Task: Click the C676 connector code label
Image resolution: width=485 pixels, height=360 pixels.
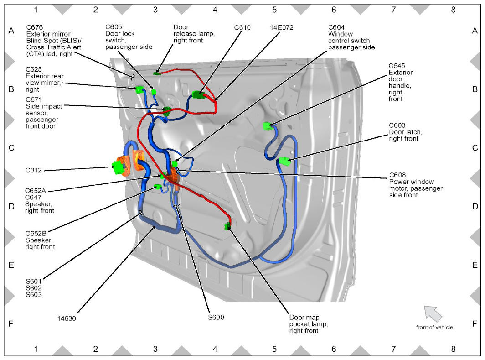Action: point(35,27)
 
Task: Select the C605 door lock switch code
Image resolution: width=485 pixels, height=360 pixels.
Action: point(114,27)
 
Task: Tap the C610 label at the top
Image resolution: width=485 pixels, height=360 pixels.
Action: point(242,27)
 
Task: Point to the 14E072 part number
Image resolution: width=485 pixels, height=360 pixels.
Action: point(282,27)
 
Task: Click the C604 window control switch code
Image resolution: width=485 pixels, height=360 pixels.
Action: point(336,27)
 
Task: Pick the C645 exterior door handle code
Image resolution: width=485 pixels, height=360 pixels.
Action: point(397,66)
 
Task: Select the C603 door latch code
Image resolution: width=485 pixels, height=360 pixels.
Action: point(397,125)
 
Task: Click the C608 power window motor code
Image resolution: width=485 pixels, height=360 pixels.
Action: point(397,175)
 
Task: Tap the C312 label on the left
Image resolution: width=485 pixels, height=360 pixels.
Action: point(33,170)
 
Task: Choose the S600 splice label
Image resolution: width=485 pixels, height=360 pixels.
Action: point(216,317)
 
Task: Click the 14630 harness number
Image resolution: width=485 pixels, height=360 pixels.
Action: point(67,318)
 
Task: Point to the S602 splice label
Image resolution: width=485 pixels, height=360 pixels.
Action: point(34,288)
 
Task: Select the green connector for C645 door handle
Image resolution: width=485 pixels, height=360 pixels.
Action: point(267,126)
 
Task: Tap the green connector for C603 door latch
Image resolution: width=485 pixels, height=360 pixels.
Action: point(284,161)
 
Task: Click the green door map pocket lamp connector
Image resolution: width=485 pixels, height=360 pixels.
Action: point(227,226)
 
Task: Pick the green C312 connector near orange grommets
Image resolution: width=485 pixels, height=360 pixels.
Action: point(118,167)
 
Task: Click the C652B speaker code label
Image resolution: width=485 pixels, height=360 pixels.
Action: point(36,234)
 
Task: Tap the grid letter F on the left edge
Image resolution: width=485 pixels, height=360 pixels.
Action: point(11,324)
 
